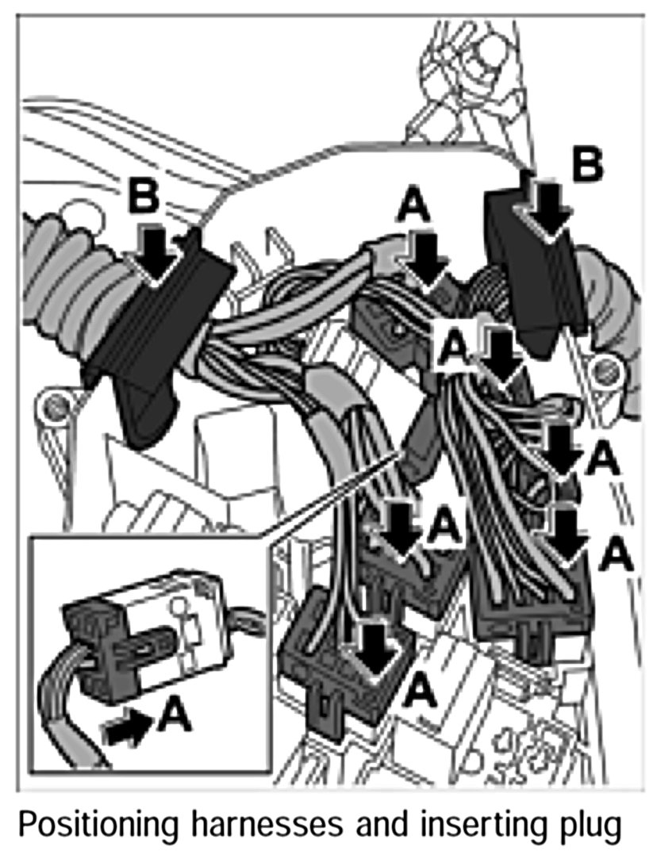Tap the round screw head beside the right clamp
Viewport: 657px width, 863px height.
607,367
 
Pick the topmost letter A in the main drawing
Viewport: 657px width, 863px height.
414,208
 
